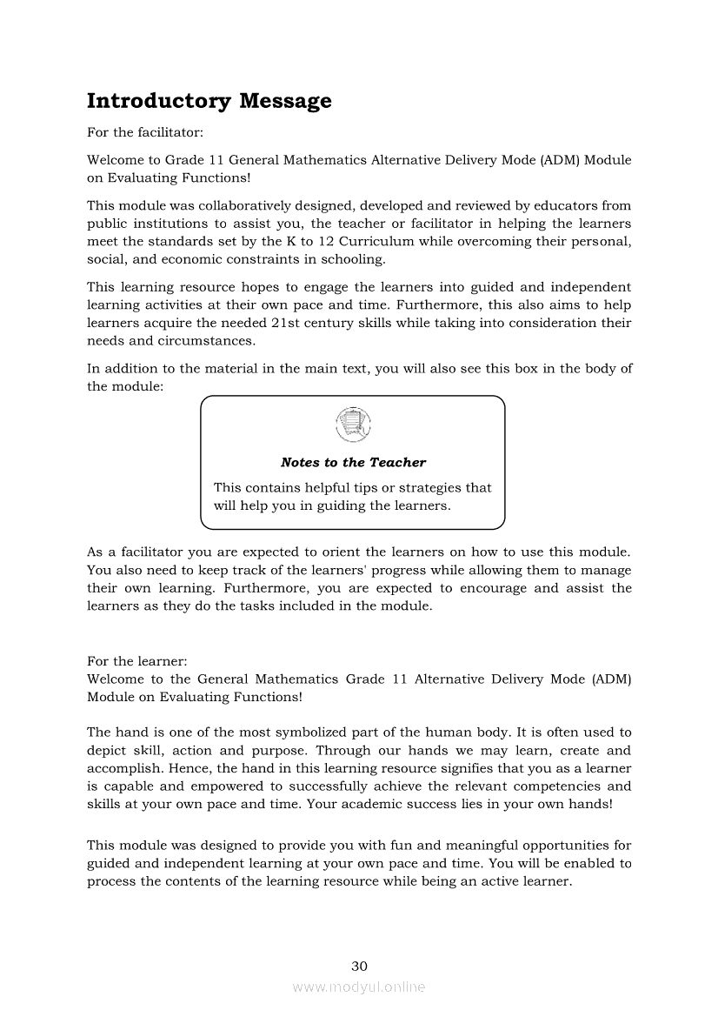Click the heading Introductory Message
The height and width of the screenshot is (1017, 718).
[209, 101]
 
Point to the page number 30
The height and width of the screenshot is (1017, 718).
[359, 966]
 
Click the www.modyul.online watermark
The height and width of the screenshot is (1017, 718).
[359, 987]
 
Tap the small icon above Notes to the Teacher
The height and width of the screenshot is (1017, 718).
[352, 425]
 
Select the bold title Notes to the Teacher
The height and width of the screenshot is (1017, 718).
[353, 462]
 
